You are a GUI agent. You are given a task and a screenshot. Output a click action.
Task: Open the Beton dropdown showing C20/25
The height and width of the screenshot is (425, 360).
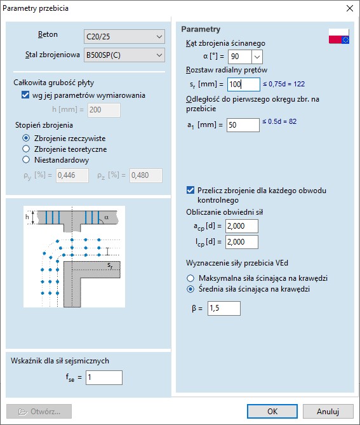point(124,37)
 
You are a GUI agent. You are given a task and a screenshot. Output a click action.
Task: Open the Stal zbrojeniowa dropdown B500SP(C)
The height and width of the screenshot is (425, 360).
point(124,55)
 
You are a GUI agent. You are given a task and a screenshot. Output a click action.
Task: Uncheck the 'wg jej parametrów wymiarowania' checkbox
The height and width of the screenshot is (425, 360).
point(26,95)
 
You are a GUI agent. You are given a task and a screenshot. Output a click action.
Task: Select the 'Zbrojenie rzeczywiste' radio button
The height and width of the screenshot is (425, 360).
point(26,138)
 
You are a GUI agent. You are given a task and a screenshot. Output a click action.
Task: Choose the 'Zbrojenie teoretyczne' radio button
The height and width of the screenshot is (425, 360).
point(26,149)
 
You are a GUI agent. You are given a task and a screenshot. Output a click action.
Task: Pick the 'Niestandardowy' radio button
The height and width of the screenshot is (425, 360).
point(26,160)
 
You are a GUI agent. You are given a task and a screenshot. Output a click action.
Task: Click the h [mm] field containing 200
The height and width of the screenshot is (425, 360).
point(104,111)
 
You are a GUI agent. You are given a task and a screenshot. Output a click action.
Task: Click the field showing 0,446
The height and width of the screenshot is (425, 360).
point(72,176)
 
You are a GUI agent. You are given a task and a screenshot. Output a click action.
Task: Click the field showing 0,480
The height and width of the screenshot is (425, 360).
point(145,176)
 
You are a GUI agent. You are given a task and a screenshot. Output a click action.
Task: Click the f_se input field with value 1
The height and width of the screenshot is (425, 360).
point(103,378)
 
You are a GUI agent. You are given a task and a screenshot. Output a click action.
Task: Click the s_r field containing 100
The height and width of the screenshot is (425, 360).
point(243,84)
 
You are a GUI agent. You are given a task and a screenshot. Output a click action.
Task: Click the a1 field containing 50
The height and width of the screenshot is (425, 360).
point(243,125)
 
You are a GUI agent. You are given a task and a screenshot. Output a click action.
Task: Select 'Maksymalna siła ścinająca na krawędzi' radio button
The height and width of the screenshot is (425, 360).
point(190,278)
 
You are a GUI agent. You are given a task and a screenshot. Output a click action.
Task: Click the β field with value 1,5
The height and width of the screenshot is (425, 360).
point(223,308)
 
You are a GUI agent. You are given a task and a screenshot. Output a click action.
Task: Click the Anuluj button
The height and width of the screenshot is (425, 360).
point(328,411)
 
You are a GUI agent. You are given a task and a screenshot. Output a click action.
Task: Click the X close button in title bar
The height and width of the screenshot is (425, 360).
point(349,9)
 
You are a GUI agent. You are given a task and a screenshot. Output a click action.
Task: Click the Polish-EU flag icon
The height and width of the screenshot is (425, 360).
point(338,36)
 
